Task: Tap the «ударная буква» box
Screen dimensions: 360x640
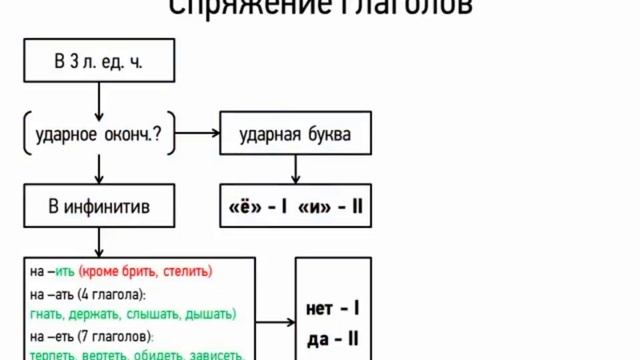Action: point(295,135)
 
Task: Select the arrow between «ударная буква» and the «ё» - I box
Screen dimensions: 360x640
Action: point(295,172)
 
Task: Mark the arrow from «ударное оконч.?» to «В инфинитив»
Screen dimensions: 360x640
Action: point(98,172)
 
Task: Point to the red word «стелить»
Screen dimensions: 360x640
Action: point(187,271)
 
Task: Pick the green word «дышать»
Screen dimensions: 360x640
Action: point(211,314)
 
